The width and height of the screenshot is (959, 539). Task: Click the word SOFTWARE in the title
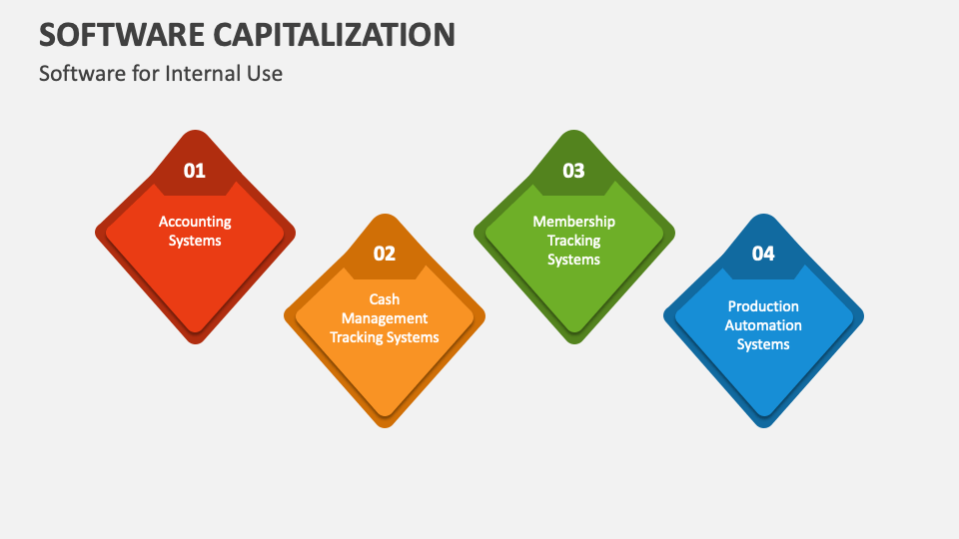click(x=122, y=34)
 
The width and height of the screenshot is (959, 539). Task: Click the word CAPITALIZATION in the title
click(x=334, y=34)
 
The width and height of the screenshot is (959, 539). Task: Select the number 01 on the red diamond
click(x=195, y=171)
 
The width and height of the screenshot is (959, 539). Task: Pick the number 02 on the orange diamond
click(x=385, y=254)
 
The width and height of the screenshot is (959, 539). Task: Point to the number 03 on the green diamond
click(x=573, y=171)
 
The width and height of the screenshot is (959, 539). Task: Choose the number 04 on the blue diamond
click(x=763, y=254)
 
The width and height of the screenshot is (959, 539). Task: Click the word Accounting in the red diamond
click(x=195, y=222)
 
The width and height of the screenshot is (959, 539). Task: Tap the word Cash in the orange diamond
click(x=384, y=299)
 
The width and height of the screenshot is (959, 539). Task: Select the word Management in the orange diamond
click(x=385, y=319)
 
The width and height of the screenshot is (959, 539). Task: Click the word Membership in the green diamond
click(x=573, y=222)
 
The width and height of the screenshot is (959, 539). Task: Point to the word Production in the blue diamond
click(x=763, y=306)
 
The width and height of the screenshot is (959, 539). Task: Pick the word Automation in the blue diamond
click(x=763, y=325)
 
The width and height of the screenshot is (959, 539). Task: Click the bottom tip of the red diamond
click(x=195, y=344)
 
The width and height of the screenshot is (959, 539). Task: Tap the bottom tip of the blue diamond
click(x=763, y=428)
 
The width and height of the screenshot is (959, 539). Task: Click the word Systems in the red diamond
click(x=195, y=241)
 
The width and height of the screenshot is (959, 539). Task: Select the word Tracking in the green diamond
click(x=573, y=241)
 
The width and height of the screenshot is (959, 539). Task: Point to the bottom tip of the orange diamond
click(x=385, y=428)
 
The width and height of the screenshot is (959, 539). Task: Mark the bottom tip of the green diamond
click(x=573, y=344)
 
